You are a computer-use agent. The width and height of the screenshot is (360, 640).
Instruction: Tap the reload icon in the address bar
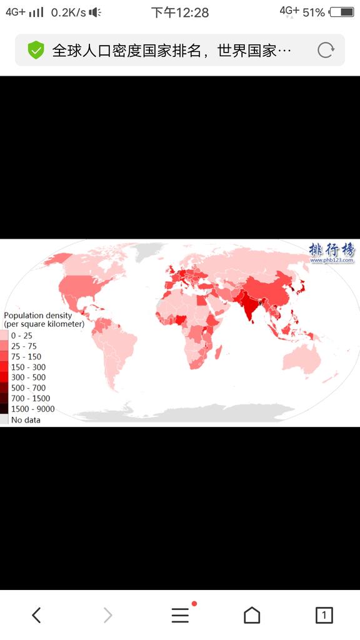click(326, 51)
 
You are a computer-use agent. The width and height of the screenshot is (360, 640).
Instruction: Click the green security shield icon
click(36, 51)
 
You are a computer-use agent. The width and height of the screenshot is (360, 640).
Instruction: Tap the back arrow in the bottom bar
click(36, 616)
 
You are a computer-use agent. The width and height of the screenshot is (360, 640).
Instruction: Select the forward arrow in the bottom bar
click(107, 616)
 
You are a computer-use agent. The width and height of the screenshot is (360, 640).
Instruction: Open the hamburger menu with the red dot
click(181, 616)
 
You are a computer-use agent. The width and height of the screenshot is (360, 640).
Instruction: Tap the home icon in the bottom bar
click(252, 616)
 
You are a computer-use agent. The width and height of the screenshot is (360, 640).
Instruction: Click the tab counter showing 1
click(324, 616)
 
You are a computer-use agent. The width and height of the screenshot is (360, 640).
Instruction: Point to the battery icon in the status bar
click(341, 12)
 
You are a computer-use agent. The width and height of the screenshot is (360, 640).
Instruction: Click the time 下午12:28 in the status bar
click(180, 12)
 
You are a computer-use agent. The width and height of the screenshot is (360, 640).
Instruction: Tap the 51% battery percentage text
click(313, 12)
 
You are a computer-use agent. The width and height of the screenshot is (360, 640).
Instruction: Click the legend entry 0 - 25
click(21, 336)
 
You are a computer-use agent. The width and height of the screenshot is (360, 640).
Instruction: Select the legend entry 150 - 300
click(28, 367)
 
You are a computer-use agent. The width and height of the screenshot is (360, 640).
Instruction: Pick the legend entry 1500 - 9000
click(32, 409)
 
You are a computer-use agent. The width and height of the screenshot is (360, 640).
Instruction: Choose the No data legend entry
click(26, 420)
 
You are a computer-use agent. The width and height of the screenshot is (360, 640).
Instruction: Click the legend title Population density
click(38, 316)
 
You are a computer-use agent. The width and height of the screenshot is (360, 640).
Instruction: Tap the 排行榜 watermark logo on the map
click(331, 251)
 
